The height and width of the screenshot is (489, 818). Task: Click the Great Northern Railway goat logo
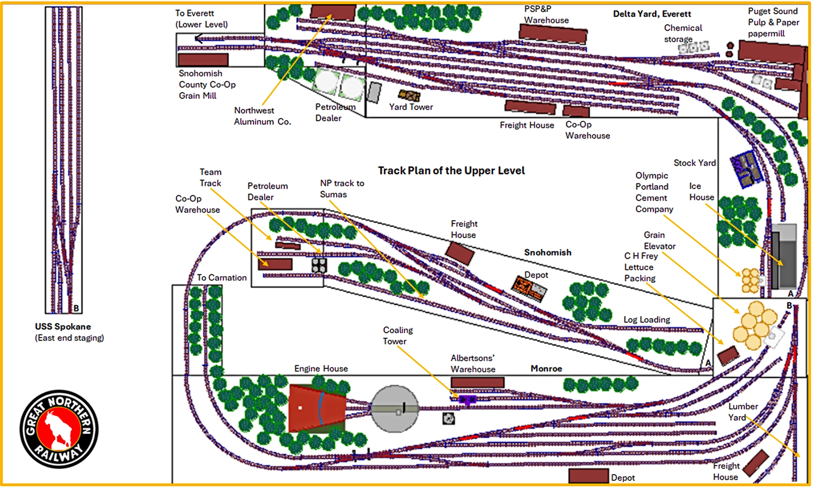pyautogui.click(x=59, y=429)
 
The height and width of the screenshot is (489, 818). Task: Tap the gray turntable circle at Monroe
pyautogui.click(x=395, y=409)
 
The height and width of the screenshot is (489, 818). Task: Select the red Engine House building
pyautogui.click(x=317, y=408)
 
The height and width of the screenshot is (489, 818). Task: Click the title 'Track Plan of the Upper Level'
pyautogui.click(x=451, y=171)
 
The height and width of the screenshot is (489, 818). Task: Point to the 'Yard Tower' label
pyautogui.click(x=411, y=107)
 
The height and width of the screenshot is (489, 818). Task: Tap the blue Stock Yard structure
pyautogui.click(x=746, y=169)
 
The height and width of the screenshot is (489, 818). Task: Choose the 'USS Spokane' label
pyautogui.click(x=63, y=327)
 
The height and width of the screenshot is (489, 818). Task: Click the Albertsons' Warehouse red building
pyautogui.click(x=477, y=382)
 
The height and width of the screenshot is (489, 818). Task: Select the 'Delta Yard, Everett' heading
pyautogui.click(x=652, y=14)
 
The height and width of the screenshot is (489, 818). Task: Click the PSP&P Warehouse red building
pyautogui.click(x=553, y=34)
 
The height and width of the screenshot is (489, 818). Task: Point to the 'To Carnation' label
pyautogui.click(x=222, y=278)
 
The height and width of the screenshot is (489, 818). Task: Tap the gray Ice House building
pyautogui.click(x=784, y=260)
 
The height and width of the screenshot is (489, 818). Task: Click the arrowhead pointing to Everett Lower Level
pyautogui.click(x=199, y=39)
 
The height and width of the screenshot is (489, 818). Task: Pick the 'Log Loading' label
pyautogui.click(x=647, y=320)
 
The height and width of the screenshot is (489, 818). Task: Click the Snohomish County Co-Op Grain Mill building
pyautogui.click(x=203, y=59)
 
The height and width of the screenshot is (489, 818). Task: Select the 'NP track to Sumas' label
pyautogui.click(x=342, y=188)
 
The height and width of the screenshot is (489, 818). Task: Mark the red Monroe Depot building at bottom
pyautogui.click(x=588, y=475)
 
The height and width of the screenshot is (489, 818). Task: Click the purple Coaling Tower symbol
pyautogui.click(x=467, y=399)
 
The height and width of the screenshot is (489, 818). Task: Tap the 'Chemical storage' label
pyautogui.click(x=683, y=33)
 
